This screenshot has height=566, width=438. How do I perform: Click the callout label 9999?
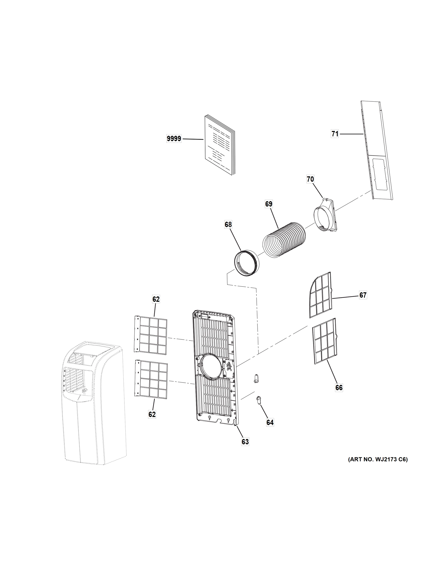[174, 139]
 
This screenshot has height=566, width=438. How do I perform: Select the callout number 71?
[335, 134]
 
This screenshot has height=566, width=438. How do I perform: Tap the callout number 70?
[310, 179]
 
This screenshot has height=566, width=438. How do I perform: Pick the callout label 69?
[268, 204]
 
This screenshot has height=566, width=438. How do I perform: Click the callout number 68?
[228, 225]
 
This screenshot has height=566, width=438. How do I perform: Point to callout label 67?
[363, 295]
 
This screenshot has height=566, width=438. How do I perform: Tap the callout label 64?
[270, 422]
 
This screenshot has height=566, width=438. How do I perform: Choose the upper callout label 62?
[156, 299]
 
